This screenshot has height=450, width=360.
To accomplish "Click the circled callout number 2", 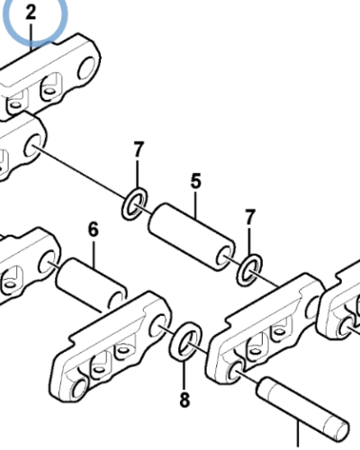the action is point(31,13).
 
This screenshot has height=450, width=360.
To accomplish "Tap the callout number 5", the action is point(195,181).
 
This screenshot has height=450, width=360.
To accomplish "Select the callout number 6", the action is point(94,229).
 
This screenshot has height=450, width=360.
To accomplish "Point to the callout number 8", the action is point(184,400).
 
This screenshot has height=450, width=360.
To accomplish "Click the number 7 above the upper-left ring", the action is point(138,149).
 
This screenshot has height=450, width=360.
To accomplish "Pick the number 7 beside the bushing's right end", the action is point(250,217).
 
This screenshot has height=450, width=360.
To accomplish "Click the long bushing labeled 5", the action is point(192,237).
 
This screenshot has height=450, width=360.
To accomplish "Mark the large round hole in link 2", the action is point(87,67).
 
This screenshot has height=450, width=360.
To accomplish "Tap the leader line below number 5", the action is point(195,204).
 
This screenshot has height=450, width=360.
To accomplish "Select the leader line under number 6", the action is point(94,254).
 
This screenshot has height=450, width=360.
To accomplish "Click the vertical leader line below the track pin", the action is point(298,435).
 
